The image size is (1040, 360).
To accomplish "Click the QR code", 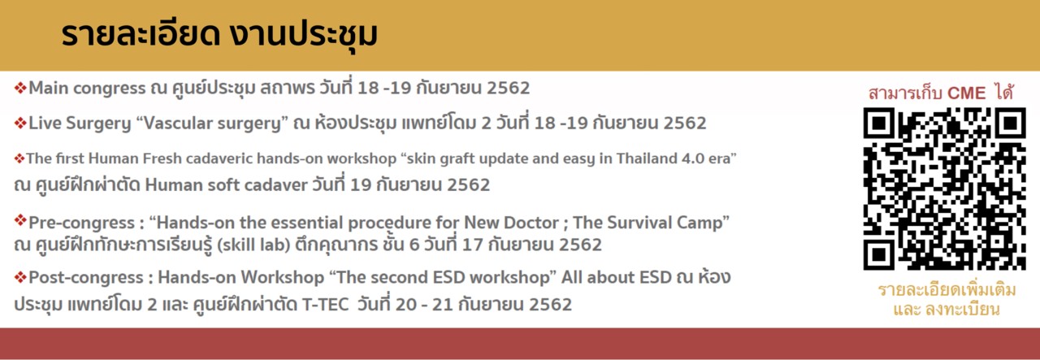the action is coord(944,189).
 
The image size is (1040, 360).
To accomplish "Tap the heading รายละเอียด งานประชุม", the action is coord(219,35).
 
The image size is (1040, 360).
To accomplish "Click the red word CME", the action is coord(966,93).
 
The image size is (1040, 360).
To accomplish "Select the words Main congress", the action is coord(87,89).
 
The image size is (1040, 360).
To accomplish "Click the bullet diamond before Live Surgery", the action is coord(20,123).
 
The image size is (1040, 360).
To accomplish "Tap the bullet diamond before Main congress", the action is coord(20,88).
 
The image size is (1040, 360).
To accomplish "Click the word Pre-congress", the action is coord(82,223).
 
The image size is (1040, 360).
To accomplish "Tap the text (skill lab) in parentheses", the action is coord(254,245).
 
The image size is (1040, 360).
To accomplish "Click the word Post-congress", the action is coord(86,277).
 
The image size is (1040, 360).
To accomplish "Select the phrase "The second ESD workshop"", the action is coord(443,277).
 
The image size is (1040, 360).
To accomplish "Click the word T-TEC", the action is coord(326,305).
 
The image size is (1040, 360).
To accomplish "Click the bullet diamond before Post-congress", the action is coord(20,277).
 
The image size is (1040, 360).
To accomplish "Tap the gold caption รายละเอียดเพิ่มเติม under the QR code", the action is coord(947,290).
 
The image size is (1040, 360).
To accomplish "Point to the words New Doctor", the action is coord(511,223).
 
